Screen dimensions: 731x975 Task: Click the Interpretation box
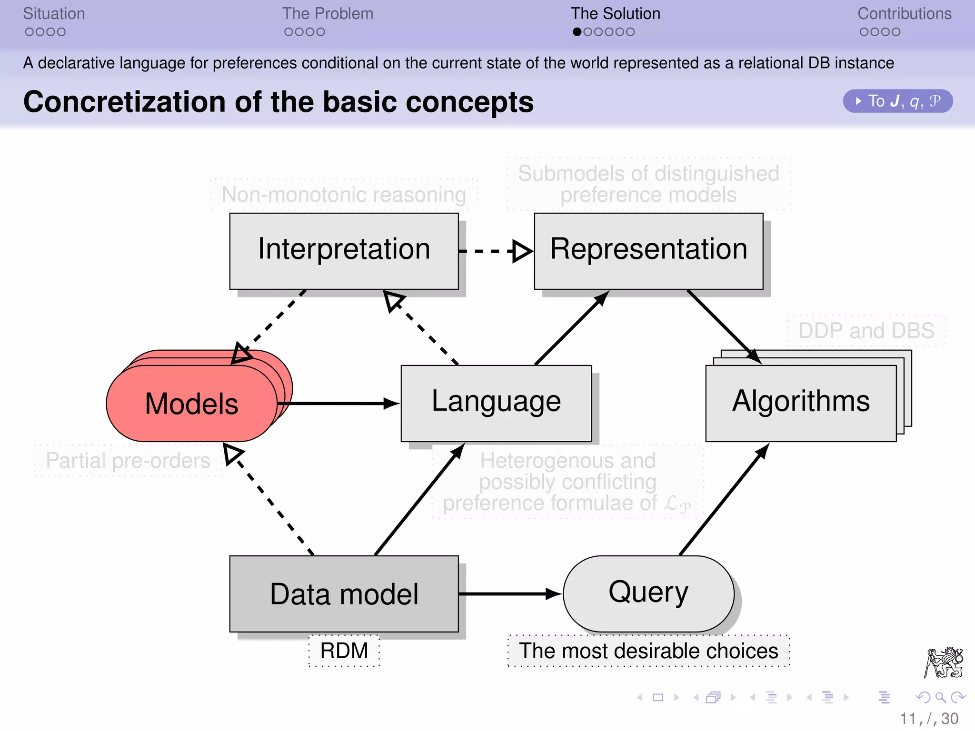344,251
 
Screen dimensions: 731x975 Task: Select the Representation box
648,251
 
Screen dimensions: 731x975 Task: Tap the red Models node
192,403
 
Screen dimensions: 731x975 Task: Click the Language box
496,403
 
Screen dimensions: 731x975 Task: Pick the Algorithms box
801,403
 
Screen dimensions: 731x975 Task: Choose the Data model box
344,593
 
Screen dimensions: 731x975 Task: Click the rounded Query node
648,593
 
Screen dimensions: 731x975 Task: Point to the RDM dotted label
344,651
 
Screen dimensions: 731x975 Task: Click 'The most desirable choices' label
648,651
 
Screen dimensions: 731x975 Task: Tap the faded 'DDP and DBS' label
866,330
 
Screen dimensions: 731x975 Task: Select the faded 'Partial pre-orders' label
128,460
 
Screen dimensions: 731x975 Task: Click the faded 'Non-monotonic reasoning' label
344,195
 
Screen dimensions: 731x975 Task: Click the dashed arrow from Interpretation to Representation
495,251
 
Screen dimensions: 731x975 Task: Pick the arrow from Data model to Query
509,593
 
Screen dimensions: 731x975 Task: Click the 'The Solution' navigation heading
615,14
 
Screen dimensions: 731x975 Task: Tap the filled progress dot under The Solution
577,32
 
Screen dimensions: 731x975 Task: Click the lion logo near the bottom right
944,662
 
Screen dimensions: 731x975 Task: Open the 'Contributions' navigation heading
904,14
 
